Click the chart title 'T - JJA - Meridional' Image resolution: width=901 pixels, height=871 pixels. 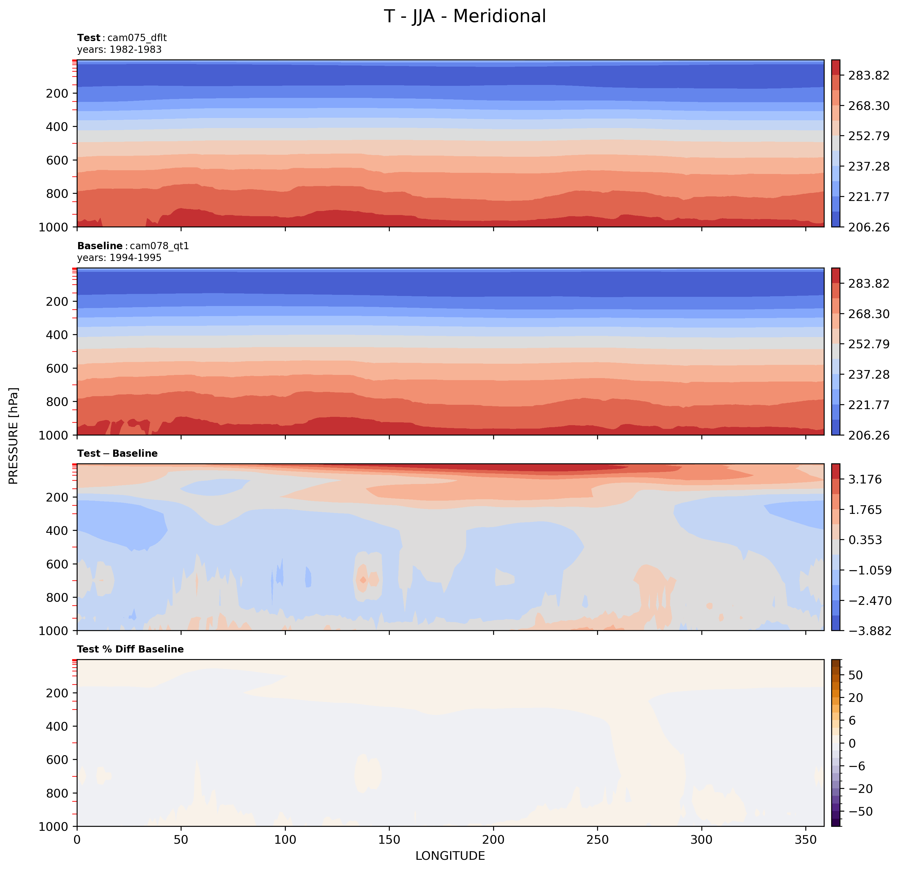pyautogui.click(x=465, y=17)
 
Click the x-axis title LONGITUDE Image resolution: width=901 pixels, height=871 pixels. pyautogui.click(x=450, y=856)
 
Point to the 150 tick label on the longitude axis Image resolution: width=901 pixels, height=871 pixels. pyautogui.click(x=389, y=840)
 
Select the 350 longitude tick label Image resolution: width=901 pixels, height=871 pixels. pyautogui.click(x=805, y=840)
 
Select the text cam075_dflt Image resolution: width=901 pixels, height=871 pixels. pyautogui.click(x=137, y=38)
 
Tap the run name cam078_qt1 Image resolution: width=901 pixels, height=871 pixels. pyautogui.click(x=159, y=246)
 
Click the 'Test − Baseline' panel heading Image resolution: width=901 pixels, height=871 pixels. pyautogui.click(x=117, y=453)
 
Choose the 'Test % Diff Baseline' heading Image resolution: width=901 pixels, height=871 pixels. pyautogui.click(x=130, y=649)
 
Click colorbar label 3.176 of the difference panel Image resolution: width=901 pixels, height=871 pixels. pyautogui.click(x=865, y=480)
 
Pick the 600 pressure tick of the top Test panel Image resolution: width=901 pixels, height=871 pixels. pyautogui.click(x=57, y=160)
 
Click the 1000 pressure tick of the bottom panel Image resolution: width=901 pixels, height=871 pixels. pyautogui.click(x=53, y=827)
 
